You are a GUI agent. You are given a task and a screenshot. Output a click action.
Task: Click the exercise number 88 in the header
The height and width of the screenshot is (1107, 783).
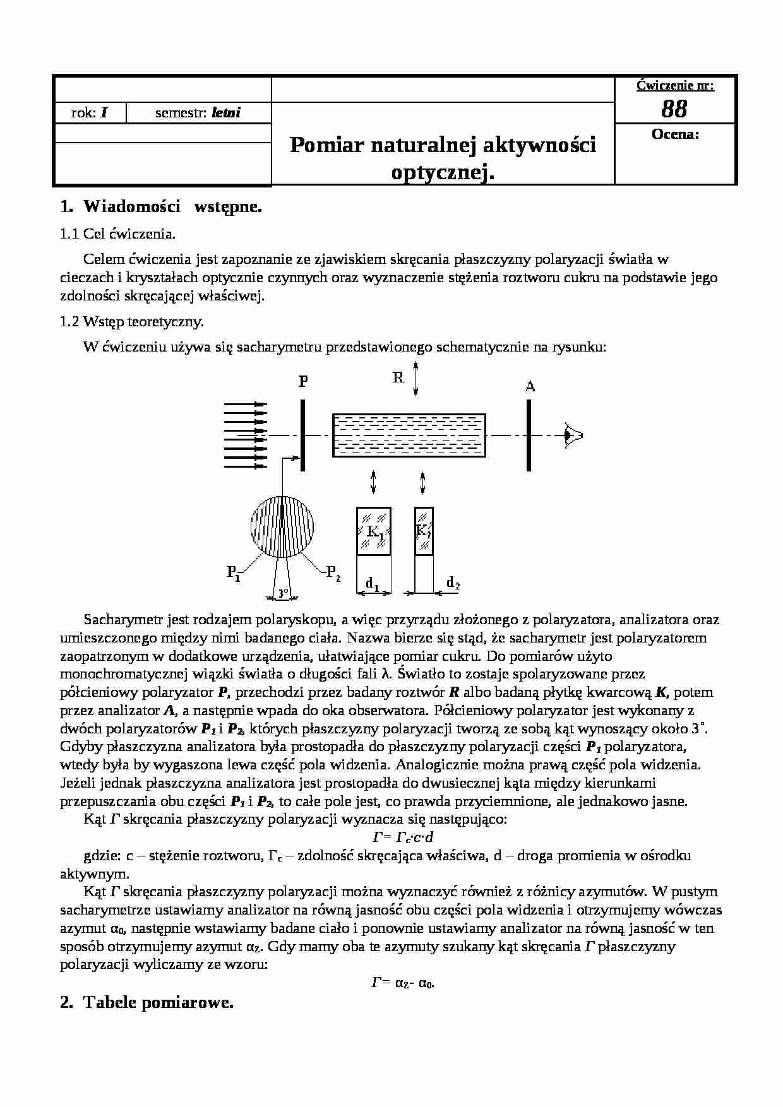pyautogui.click(x=674, y=110)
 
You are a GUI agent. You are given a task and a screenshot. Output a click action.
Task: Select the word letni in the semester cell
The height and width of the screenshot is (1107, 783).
pyautogui.click(x=226, y=114)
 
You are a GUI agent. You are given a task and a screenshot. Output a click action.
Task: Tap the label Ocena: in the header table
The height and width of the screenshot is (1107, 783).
pyautogui.click(x=675, y=134)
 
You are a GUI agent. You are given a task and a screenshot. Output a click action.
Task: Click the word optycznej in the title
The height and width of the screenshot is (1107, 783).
pyautogui.click(x=442, y=172)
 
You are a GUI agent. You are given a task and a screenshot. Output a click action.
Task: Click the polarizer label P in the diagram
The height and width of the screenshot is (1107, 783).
pyautogui.click(x=303, y=382)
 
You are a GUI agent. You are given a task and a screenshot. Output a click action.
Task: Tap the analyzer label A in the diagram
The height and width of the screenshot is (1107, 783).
pyautogui.click(x=530, y=386)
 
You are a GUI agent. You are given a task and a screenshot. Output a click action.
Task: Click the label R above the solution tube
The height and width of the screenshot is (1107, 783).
pyautogui.click(x=398, y=378)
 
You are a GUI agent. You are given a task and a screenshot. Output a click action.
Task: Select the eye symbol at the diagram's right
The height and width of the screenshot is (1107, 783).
pyautogui.click(x=573, y=435)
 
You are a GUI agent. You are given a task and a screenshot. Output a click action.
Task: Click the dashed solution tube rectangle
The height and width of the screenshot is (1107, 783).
pyautogui.click(x=409, y=435)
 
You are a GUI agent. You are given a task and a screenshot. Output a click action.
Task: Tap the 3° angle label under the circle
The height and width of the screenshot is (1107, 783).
pyautogui.click(x=282, y=593)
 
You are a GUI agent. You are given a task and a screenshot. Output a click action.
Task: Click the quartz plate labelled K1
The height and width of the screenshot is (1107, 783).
pyautogui.click(x=374, y=531)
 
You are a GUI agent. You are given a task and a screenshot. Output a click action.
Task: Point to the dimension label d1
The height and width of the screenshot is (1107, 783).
pyautogui.click(x=372, y=585)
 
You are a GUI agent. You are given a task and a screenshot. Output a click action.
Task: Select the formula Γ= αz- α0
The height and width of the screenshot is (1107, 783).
pyautogui.click(x=402, y=983)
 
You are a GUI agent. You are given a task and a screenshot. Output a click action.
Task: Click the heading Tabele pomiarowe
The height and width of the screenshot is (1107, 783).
pyautogui.click(x=158, y=1003)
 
